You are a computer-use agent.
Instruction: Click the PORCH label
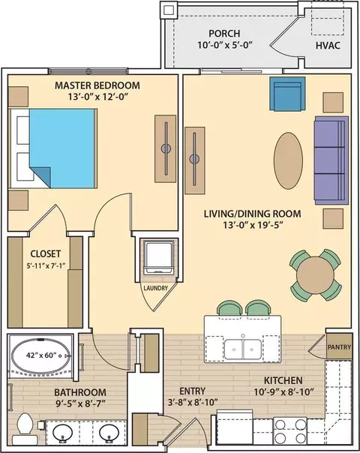224,34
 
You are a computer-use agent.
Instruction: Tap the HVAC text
328,46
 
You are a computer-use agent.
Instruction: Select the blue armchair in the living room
287,94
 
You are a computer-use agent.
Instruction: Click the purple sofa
331,160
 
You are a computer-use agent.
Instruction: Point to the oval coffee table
288,160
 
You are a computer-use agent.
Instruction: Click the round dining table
316,275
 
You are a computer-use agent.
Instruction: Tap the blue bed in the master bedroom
62,148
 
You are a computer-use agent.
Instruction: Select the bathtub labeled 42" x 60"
41,355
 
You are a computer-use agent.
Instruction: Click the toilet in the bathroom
25,428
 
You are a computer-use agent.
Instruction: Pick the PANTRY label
339,347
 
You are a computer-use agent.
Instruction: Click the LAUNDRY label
155,288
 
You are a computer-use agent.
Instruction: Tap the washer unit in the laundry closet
159,258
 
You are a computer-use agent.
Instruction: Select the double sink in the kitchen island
243,349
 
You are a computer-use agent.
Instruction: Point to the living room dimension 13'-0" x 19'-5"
252,225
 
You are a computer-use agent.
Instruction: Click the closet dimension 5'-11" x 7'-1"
46,265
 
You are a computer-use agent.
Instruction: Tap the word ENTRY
193,391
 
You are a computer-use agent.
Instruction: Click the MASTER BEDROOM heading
97,85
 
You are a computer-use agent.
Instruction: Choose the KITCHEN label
283,380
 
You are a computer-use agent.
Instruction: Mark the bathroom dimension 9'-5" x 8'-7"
80,403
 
